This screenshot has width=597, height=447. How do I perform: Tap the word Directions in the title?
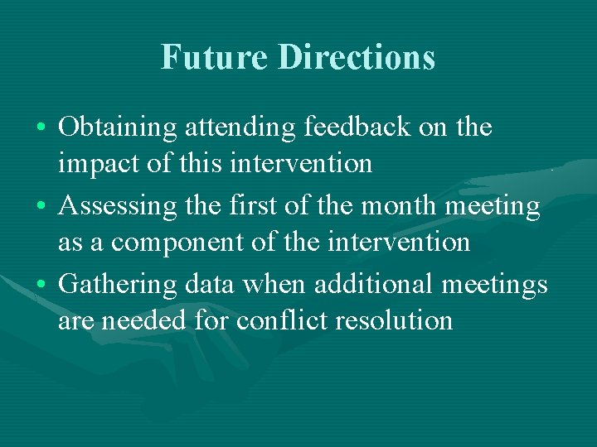[x=357, y=57]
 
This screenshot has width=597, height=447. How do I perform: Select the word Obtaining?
[x=119, y=128]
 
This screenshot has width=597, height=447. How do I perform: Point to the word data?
[x=208, y=284]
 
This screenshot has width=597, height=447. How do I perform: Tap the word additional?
[x=381, y=284]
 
